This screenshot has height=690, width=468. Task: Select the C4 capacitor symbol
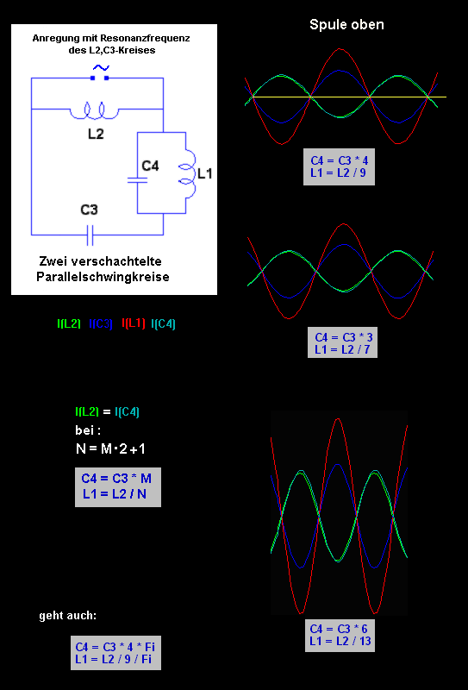pos(137,180)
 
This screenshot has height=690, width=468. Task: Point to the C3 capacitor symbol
pos(90,235)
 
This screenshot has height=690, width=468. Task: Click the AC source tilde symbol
pos(100,68)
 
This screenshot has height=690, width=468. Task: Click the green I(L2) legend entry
pos(69,324)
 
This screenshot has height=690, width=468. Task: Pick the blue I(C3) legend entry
pos(101,324)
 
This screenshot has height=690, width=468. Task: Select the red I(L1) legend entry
pos(133,324)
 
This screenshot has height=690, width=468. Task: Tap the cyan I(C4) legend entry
pos(163,324)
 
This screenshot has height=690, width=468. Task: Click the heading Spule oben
pos(346,25)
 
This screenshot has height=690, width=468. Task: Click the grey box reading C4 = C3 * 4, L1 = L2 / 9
pos(339,166)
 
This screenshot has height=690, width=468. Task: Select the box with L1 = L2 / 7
pos(342,342)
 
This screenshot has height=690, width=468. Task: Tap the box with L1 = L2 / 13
pos(340,636)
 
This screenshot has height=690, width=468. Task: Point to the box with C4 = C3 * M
pos(118,487)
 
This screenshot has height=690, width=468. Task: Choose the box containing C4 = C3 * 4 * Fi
pos(115,653)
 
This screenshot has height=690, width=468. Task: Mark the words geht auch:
pos(68,616)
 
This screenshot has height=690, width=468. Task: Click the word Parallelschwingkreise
pos(103,278)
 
